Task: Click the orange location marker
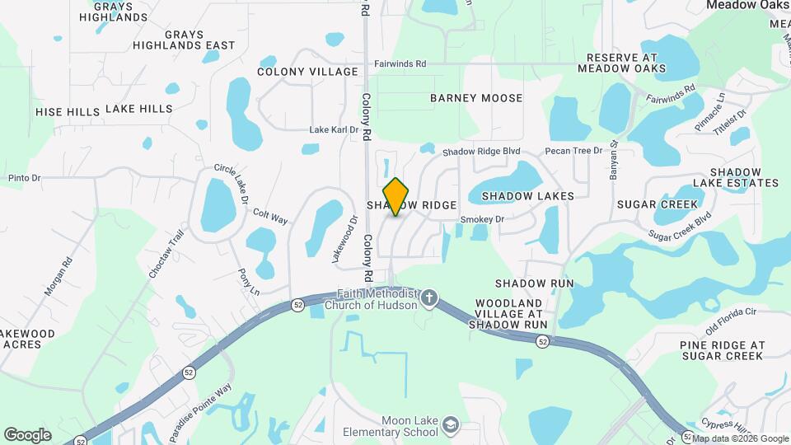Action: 396,196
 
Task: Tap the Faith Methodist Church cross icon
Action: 428,297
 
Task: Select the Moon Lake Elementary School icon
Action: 450,425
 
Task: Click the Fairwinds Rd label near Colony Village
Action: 400,63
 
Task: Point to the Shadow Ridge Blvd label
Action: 482,152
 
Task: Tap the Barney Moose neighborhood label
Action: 476,98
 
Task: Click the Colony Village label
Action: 307,72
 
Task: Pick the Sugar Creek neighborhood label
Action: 657,204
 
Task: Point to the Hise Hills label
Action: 68,110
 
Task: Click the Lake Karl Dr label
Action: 334,129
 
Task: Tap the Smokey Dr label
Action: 481,219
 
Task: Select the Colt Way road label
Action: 270,216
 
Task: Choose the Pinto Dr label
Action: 24,177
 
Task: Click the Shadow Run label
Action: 534,283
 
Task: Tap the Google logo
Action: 27,435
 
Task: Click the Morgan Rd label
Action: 57,277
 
